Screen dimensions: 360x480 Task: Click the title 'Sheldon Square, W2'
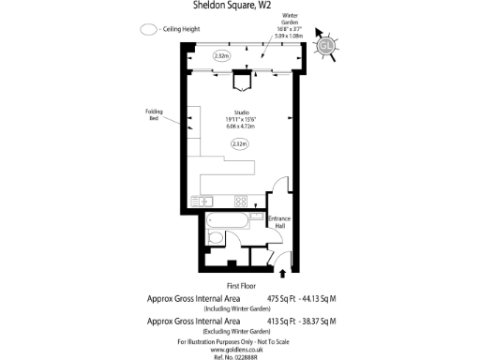(240, 7)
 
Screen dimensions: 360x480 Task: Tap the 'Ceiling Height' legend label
(180, 28)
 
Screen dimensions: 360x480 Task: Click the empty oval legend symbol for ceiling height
(148, 28)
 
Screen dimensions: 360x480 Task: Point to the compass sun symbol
(325, 46)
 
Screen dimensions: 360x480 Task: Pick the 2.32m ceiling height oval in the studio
(240, 143)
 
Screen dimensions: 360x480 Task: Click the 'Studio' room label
(240, 112)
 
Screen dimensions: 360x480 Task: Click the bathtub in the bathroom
(228, 221)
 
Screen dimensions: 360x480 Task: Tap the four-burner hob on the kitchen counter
(240, 201)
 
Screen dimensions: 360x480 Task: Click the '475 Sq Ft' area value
(283, 299)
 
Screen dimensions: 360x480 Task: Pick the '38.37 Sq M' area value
(321, 322)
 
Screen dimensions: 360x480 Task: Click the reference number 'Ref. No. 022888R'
(241, 354)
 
